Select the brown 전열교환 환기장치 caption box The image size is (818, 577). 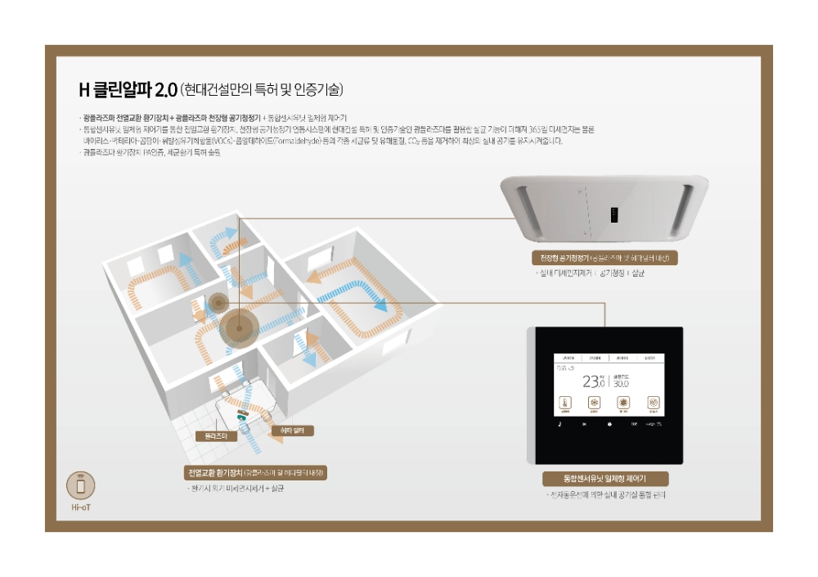click(x=256, y=473)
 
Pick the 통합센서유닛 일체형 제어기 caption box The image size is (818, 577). click(x=605, y=480)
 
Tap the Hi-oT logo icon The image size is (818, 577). click(x=80, y=485)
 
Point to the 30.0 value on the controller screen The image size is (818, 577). click(x=621, y=383)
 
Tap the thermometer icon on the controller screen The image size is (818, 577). click(x=564, y=403)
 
